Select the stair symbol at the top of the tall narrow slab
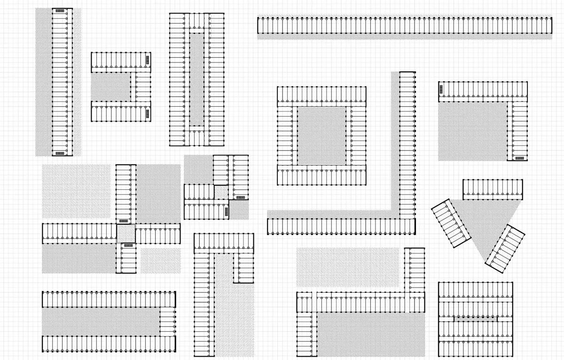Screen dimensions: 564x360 click(x=60, y=10)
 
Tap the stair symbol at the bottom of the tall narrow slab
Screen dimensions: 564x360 click(x=60, y=153)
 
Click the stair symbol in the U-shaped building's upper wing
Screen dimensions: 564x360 click(x=148, y=59)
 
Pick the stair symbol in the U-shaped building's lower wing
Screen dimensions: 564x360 click(x=148, y=114)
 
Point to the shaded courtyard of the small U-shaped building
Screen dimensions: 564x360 click(x=110, y=87)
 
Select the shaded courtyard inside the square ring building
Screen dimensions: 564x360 click(x=321, y=135)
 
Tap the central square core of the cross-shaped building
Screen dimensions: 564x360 click(x=125, y=234)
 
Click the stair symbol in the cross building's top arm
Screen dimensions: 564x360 click(x=124, y=220)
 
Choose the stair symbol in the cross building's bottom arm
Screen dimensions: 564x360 click(x=128, y=245)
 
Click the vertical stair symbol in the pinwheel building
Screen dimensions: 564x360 click(x=240, y=197)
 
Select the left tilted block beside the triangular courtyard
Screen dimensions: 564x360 click(x=451, y=224)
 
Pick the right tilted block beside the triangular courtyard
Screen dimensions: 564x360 click(x=505, y=249)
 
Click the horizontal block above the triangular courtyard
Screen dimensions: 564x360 click(x=493, y=189)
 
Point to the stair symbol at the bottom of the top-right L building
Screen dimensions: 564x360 click(x=519, y=158)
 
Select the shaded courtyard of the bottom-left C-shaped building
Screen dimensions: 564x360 click(x=101, y=321)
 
